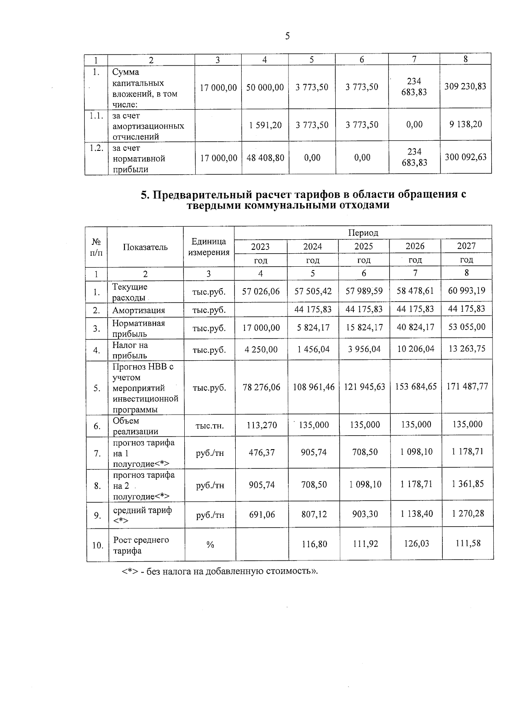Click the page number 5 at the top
point(287,36)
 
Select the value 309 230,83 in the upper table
point(465,86)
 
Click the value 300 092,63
point(465,157)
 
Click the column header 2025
point(363,246)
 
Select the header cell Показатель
point(145,247)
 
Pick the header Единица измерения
point(209,247)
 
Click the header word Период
point(363,233)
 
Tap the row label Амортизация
point(138,311)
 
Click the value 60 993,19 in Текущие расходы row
point(466,291)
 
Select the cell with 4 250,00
point(261,349)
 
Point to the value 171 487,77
point(467,386)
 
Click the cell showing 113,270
point(261,425)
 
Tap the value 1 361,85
point(467,484)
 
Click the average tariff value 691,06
point(261,514)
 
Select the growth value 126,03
point(416,544)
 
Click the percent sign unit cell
point(210,545)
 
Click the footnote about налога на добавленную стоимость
point(219,572)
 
